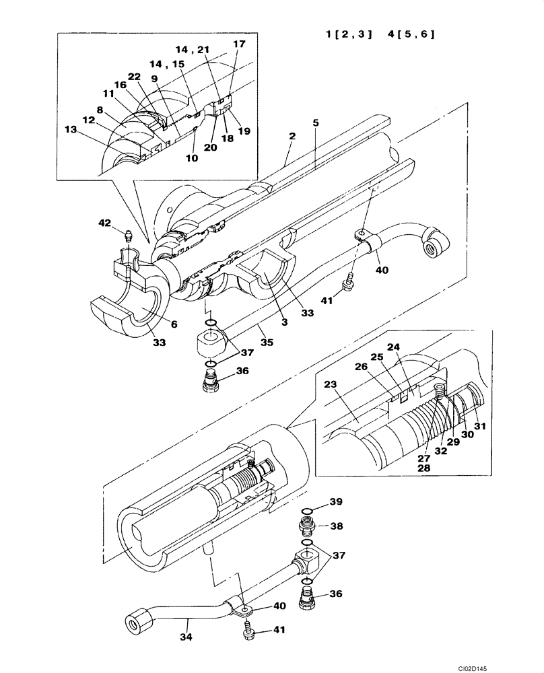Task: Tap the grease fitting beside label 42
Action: pos(128,236)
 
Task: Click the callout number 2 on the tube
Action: pos(292,137)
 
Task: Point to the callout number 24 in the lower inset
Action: pos(396,348)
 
